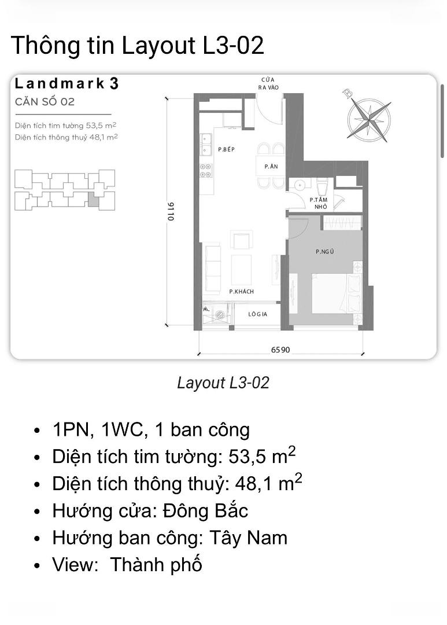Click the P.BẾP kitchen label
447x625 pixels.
(226, 149)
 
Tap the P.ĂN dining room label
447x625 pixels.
(271, 167)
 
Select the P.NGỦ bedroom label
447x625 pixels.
(324, 252)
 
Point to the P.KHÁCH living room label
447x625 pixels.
(242, 291)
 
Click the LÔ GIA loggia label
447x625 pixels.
(258, 314)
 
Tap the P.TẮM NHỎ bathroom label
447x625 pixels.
(319, 203)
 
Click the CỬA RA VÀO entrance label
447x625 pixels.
(268, 83)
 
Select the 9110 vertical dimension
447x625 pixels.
(171, 212)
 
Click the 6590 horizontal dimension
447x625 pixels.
(280, 350)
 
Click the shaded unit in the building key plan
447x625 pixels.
(93, 198)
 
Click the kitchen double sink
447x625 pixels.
(206, 145)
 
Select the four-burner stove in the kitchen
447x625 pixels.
(205, 171)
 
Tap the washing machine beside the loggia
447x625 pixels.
(219, 314)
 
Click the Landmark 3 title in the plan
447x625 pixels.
(67, 84)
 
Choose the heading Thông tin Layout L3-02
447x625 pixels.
(138, 45)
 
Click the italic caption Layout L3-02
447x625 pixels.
(223, 383)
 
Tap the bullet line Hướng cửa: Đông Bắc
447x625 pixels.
(150, 511)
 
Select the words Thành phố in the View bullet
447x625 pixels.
(156, 565)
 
